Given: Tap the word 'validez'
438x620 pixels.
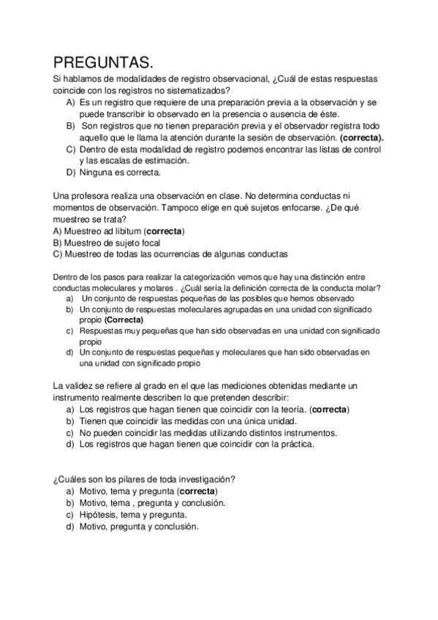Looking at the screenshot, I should tap(84, 385).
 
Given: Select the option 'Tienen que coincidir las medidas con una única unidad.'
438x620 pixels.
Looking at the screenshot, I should tap(186, 420).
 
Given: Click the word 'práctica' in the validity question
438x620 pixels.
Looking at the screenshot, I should tap(295, 444).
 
